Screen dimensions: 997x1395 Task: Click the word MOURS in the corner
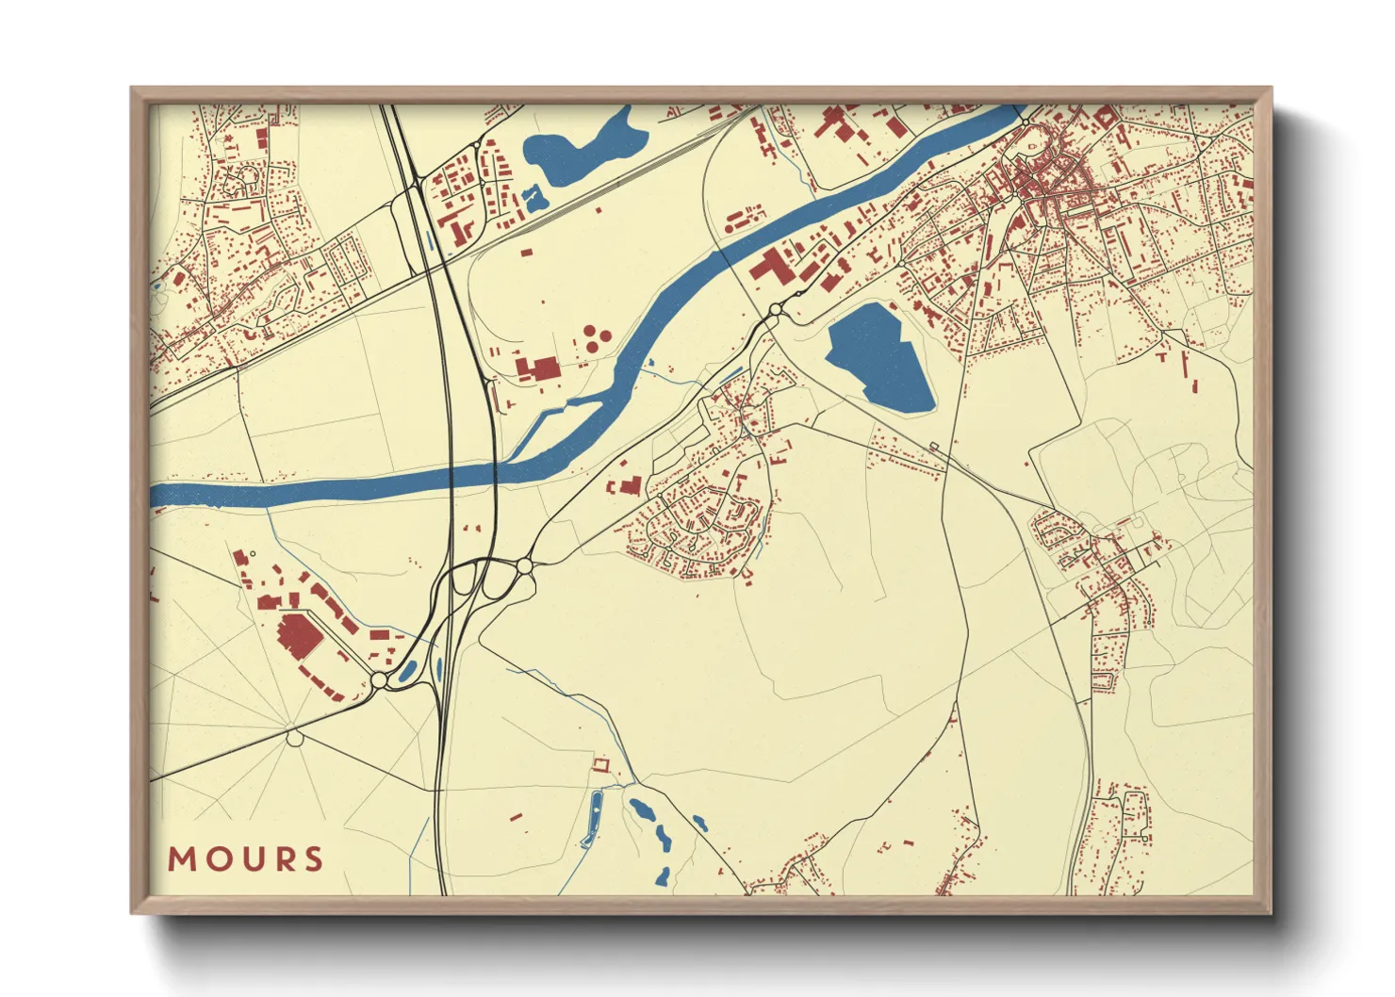[x=246, y=858]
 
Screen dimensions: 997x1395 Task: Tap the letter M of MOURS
[x=180, y=858]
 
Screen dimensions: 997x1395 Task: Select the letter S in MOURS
[x=313, y=858]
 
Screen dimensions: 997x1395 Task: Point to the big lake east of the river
[x=878, y=359]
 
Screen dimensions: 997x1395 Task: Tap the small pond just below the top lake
[x=534, y=198]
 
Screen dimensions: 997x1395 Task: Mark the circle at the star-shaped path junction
[x=295, y=738]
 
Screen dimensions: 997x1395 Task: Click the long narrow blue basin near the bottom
[x=594, y=818]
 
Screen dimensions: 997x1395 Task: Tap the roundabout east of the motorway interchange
[x=524, y=565]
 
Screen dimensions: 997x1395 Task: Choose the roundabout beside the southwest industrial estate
[x=379, y=679]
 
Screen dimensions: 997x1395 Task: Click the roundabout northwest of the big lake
[x=776, y=309]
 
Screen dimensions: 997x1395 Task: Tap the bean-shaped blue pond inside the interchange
[x=409, y=671]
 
